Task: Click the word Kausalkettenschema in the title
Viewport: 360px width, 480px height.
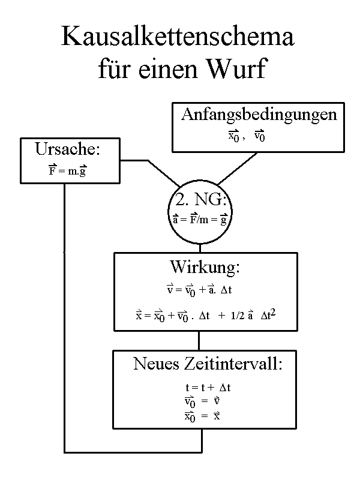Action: click(178, 38)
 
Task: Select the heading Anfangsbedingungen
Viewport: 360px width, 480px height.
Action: click(259, 115)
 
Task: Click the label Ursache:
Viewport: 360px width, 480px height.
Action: click(67, 149)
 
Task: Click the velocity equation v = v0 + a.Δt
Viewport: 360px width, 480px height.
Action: click(199, 289)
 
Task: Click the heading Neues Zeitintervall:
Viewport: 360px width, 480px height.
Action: click(206, 364)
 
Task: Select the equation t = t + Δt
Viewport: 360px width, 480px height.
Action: click(208, 388)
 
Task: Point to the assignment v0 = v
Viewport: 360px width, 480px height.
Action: click(205, 401)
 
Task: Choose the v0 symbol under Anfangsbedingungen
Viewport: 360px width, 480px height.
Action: click(260, 136)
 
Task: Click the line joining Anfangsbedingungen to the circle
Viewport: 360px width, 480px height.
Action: click(238, 168)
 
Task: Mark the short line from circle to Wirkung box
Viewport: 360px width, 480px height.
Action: click(200, 248)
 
